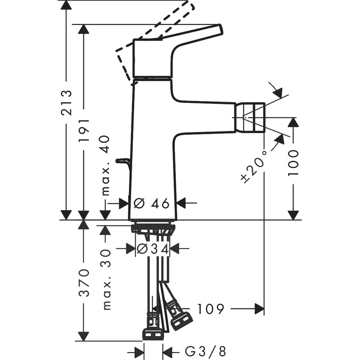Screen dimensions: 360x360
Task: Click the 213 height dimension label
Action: tap(66, 103)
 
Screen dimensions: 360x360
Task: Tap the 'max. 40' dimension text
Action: tap(105, 166)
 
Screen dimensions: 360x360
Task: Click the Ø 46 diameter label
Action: tap(152, 203)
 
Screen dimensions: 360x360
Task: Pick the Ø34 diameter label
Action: tap(153, 249)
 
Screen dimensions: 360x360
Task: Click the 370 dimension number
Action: tap(84, 282)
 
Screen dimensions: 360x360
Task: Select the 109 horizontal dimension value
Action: tap(211, 309)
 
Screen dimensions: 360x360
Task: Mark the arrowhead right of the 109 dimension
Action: tap(259, 309)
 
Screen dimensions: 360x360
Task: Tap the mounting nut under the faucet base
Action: tap(153, 228)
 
